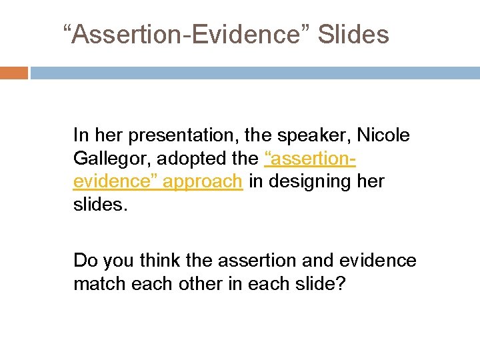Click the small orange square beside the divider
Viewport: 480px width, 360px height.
point(13,73)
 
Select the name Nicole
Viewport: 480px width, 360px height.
point(383,136)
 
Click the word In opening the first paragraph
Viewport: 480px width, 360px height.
point(80,136)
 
